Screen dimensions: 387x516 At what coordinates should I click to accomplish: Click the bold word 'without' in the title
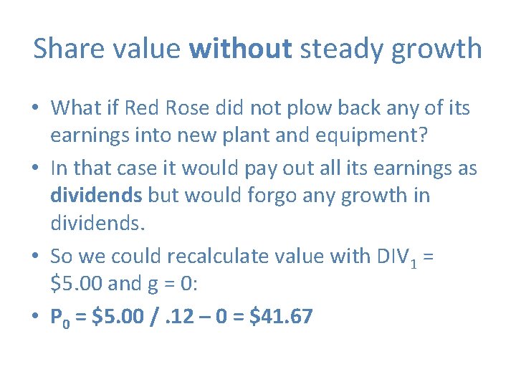(x=241, y=49)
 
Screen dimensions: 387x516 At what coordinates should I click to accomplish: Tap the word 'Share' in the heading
(x=65, y=49)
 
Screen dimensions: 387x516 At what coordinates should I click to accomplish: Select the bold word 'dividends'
(x=95, y=196)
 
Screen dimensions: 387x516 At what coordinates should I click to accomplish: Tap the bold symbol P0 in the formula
(x=60, y=317)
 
